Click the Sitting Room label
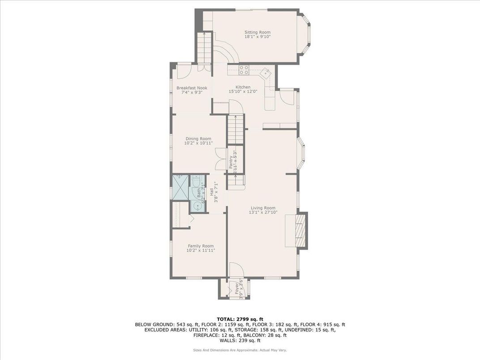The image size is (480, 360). tap(257, 32)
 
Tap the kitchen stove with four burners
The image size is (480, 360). tap(244, 69)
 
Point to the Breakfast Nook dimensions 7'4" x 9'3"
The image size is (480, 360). tap(191, 93)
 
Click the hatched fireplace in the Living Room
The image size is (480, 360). tap(302, 230)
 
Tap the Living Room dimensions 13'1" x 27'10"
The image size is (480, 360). tap(263, 213)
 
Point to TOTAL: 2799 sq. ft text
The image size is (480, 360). tap(240, 319)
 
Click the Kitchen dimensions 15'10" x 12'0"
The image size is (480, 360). tap(243, 92)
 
